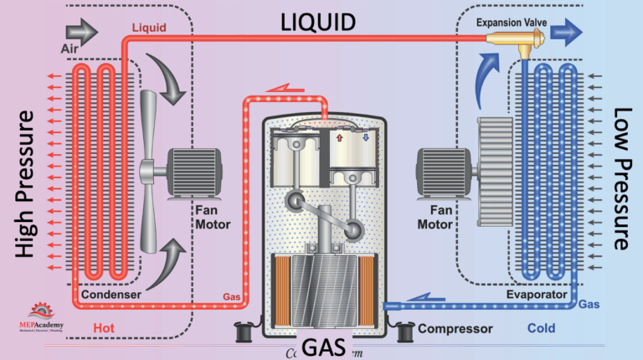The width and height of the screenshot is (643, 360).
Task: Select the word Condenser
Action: pos(111,295)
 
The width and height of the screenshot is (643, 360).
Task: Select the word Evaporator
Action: pos(537,295)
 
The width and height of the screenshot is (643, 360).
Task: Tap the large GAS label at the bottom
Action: pos(322,345)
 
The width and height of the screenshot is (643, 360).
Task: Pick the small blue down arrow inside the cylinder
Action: pos(365,136)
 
